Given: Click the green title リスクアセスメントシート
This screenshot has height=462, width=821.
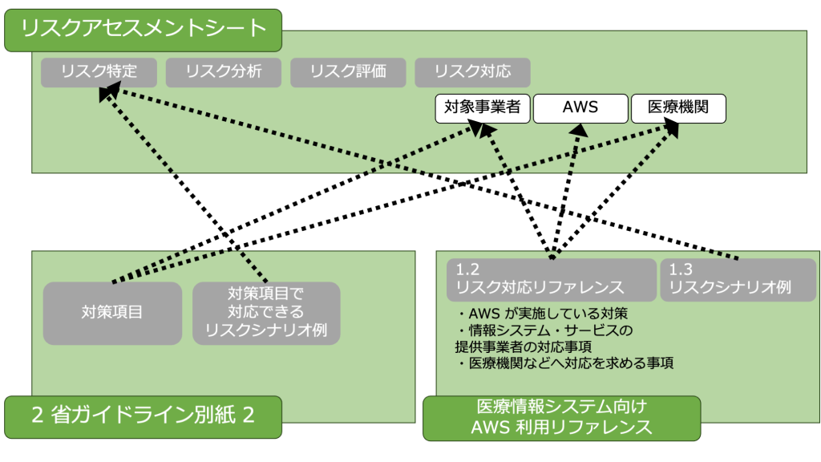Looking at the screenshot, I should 143,30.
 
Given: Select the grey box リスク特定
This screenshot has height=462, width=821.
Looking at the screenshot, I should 99,71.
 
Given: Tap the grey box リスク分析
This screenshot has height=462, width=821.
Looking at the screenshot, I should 224,71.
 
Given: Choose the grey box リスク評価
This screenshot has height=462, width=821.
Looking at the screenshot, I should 348,71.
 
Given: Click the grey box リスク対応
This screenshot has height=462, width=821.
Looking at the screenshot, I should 472,71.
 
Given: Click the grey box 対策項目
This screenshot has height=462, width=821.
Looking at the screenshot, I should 112,313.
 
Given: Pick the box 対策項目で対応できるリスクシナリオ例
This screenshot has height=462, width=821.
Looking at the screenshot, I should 266,313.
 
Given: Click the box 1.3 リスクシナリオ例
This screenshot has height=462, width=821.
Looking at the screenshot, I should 738,279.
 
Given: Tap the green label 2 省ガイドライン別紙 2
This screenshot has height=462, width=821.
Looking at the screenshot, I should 143,416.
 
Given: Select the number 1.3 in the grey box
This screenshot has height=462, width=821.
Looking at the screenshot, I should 681,269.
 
